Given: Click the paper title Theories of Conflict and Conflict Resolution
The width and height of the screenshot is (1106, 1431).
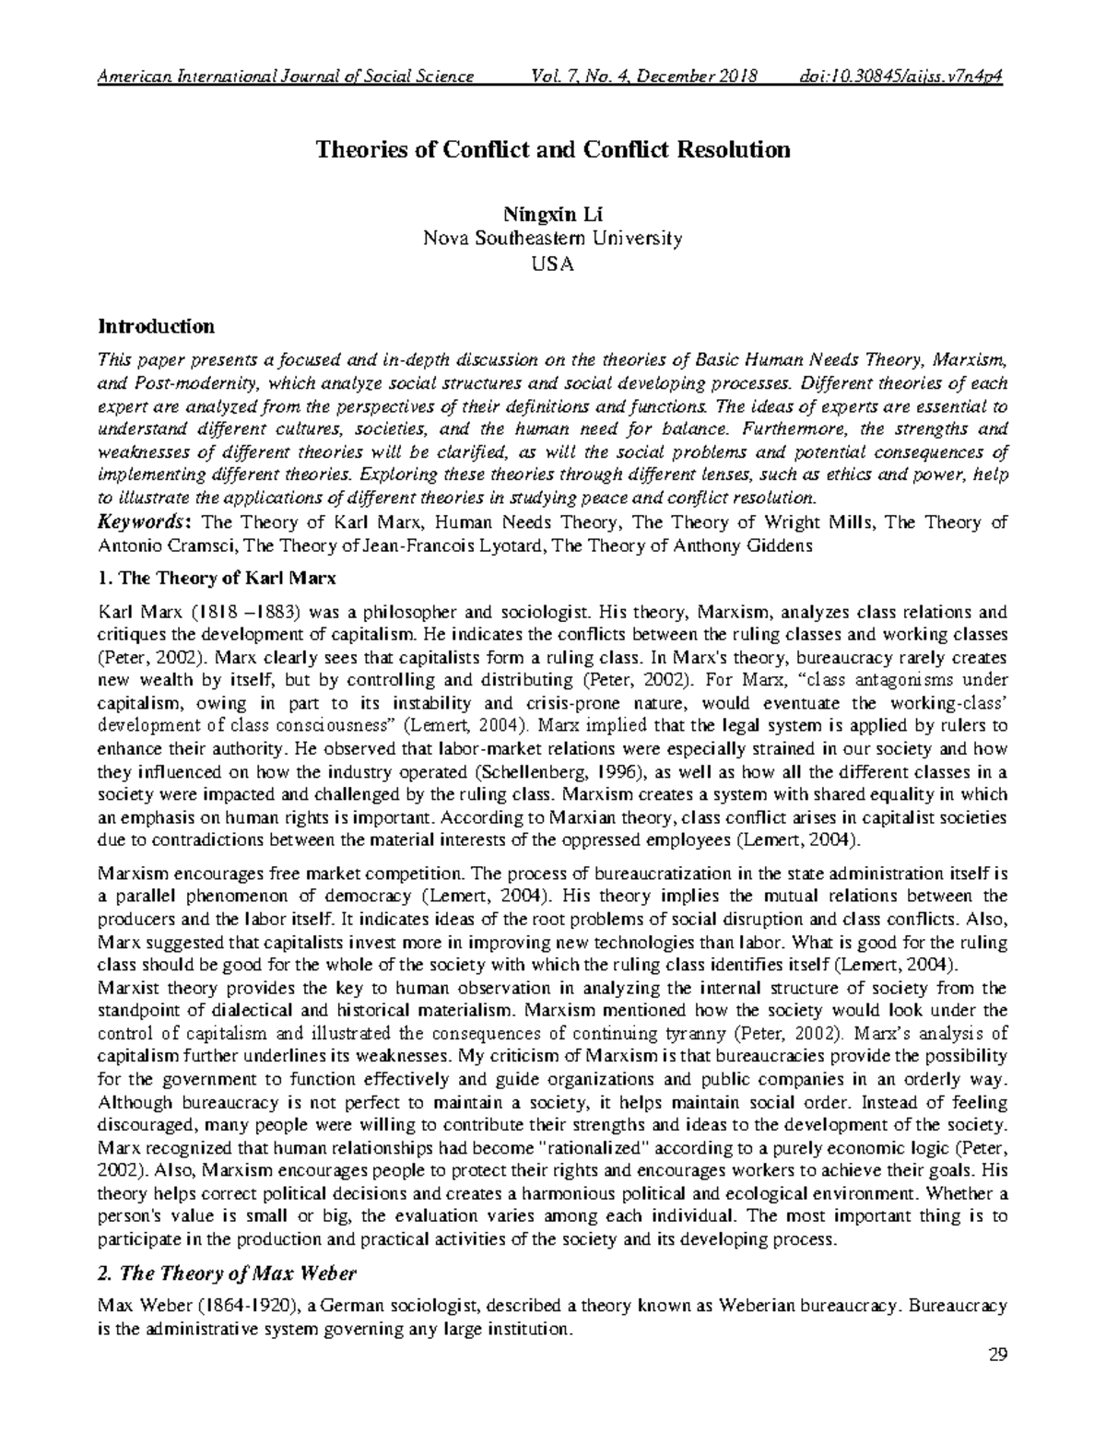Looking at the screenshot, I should [553, 149].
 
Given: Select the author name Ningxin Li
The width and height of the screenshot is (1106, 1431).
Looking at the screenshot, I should [552, 216].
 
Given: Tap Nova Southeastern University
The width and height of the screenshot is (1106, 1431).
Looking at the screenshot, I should [552, 239].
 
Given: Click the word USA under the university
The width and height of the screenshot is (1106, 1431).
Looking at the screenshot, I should [552, 263].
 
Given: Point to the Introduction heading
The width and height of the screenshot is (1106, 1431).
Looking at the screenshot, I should [157, 326].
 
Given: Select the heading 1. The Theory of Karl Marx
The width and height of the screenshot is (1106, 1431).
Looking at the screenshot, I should [218, 580].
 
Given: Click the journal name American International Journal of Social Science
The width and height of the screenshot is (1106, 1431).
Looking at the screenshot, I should [286, 76].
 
